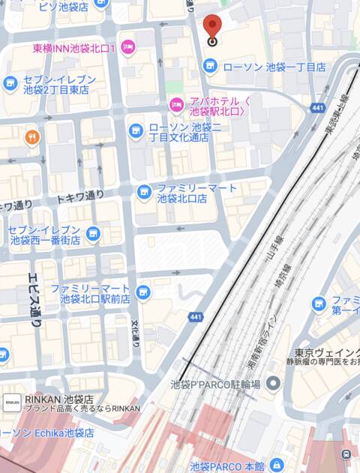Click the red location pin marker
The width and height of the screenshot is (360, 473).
click(x=212, y=29)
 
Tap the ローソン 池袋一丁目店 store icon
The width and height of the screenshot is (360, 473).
click(x=211, y=67)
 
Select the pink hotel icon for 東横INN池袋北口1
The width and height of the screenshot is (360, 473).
click(x=127, y=48)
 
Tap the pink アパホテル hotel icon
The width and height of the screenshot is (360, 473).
click(x=176, y=104)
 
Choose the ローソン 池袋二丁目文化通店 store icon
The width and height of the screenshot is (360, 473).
click(x=136, y=132)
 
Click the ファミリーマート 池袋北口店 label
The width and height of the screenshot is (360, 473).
click(x=196, y=193)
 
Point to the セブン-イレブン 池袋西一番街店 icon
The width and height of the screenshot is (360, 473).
click(x=93, y=235)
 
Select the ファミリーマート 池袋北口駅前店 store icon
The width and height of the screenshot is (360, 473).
click(x=143, y=292)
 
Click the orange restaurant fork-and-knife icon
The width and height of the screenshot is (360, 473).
click(x=31, y=136)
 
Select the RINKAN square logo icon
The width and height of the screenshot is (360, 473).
click(x=12, y=403)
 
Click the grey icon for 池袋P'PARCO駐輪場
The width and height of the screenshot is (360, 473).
click(x=273, y=385)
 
